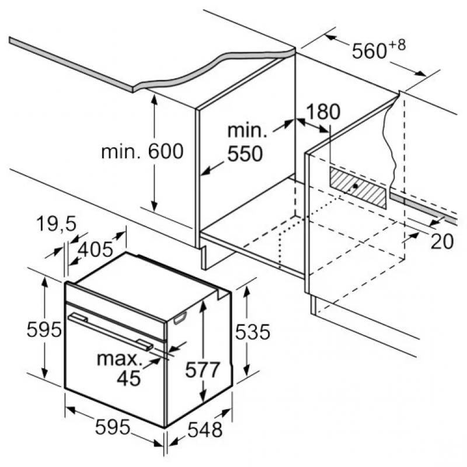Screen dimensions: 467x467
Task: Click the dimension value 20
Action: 441,241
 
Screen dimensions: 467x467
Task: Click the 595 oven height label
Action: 44,330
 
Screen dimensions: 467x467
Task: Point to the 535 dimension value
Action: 252,332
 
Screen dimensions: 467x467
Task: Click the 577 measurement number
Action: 203,370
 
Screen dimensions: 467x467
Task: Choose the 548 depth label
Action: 205,430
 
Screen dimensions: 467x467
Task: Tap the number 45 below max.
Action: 129,378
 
